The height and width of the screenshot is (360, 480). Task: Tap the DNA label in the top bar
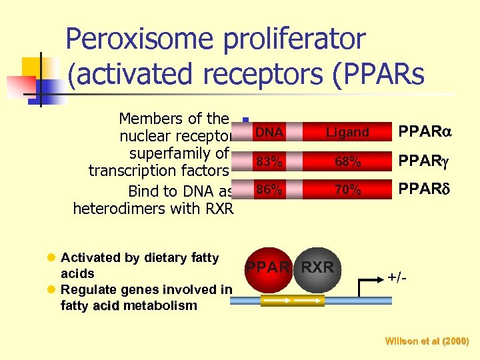(x=269, y=133)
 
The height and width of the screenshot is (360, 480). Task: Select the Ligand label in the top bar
(x=347, y=133)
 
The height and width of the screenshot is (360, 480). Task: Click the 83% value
(x=269, y=162)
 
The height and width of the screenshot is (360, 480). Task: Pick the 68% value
(x=347, y=162)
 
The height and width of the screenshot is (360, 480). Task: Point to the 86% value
(x=269, y=190)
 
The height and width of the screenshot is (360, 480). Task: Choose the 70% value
(x=347, y=190)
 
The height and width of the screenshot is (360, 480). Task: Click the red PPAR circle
(x=269, y=268)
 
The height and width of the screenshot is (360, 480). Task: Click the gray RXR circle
(x=317, y=268)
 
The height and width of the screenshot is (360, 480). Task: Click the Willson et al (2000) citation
(x=427, y=341)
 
